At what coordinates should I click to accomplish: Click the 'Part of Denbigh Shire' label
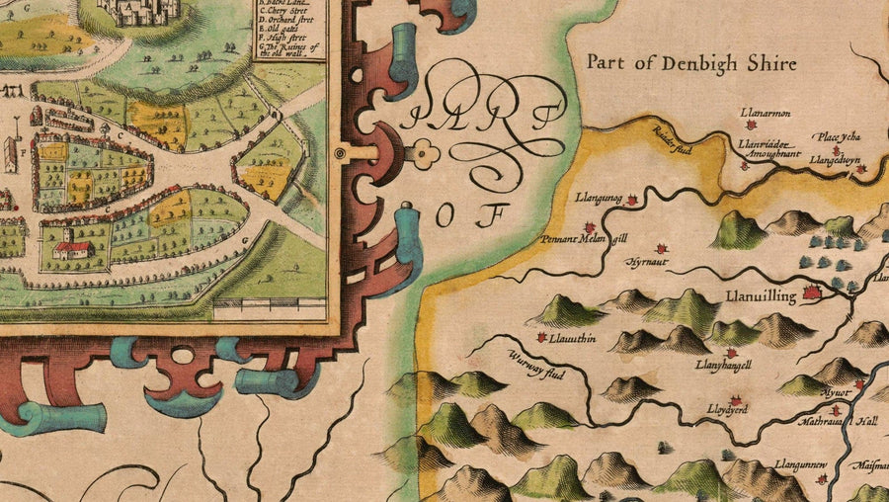pos(691,62)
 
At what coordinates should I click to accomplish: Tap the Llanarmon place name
pos(765,113)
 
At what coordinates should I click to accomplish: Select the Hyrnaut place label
pos(647,263)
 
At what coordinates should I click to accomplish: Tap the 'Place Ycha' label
pos(836,136)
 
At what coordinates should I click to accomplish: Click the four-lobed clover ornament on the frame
pos(426,152)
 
